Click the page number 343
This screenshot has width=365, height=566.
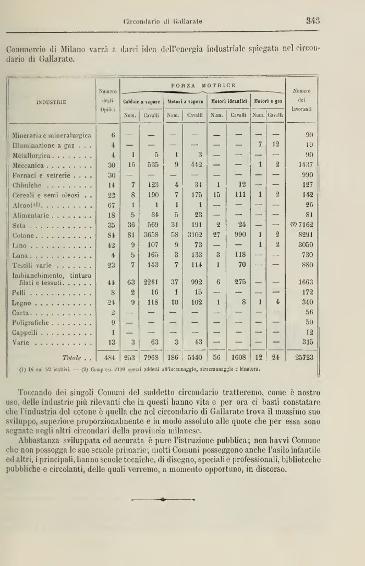pos(313,21)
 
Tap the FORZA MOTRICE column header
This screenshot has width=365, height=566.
pos(203,85)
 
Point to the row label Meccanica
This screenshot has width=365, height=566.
pos(32,164)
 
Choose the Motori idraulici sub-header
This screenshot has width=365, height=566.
pos(228,101)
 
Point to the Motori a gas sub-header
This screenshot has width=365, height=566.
pos(268,101)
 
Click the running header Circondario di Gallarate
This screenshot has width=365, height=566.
pos(163,21)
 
